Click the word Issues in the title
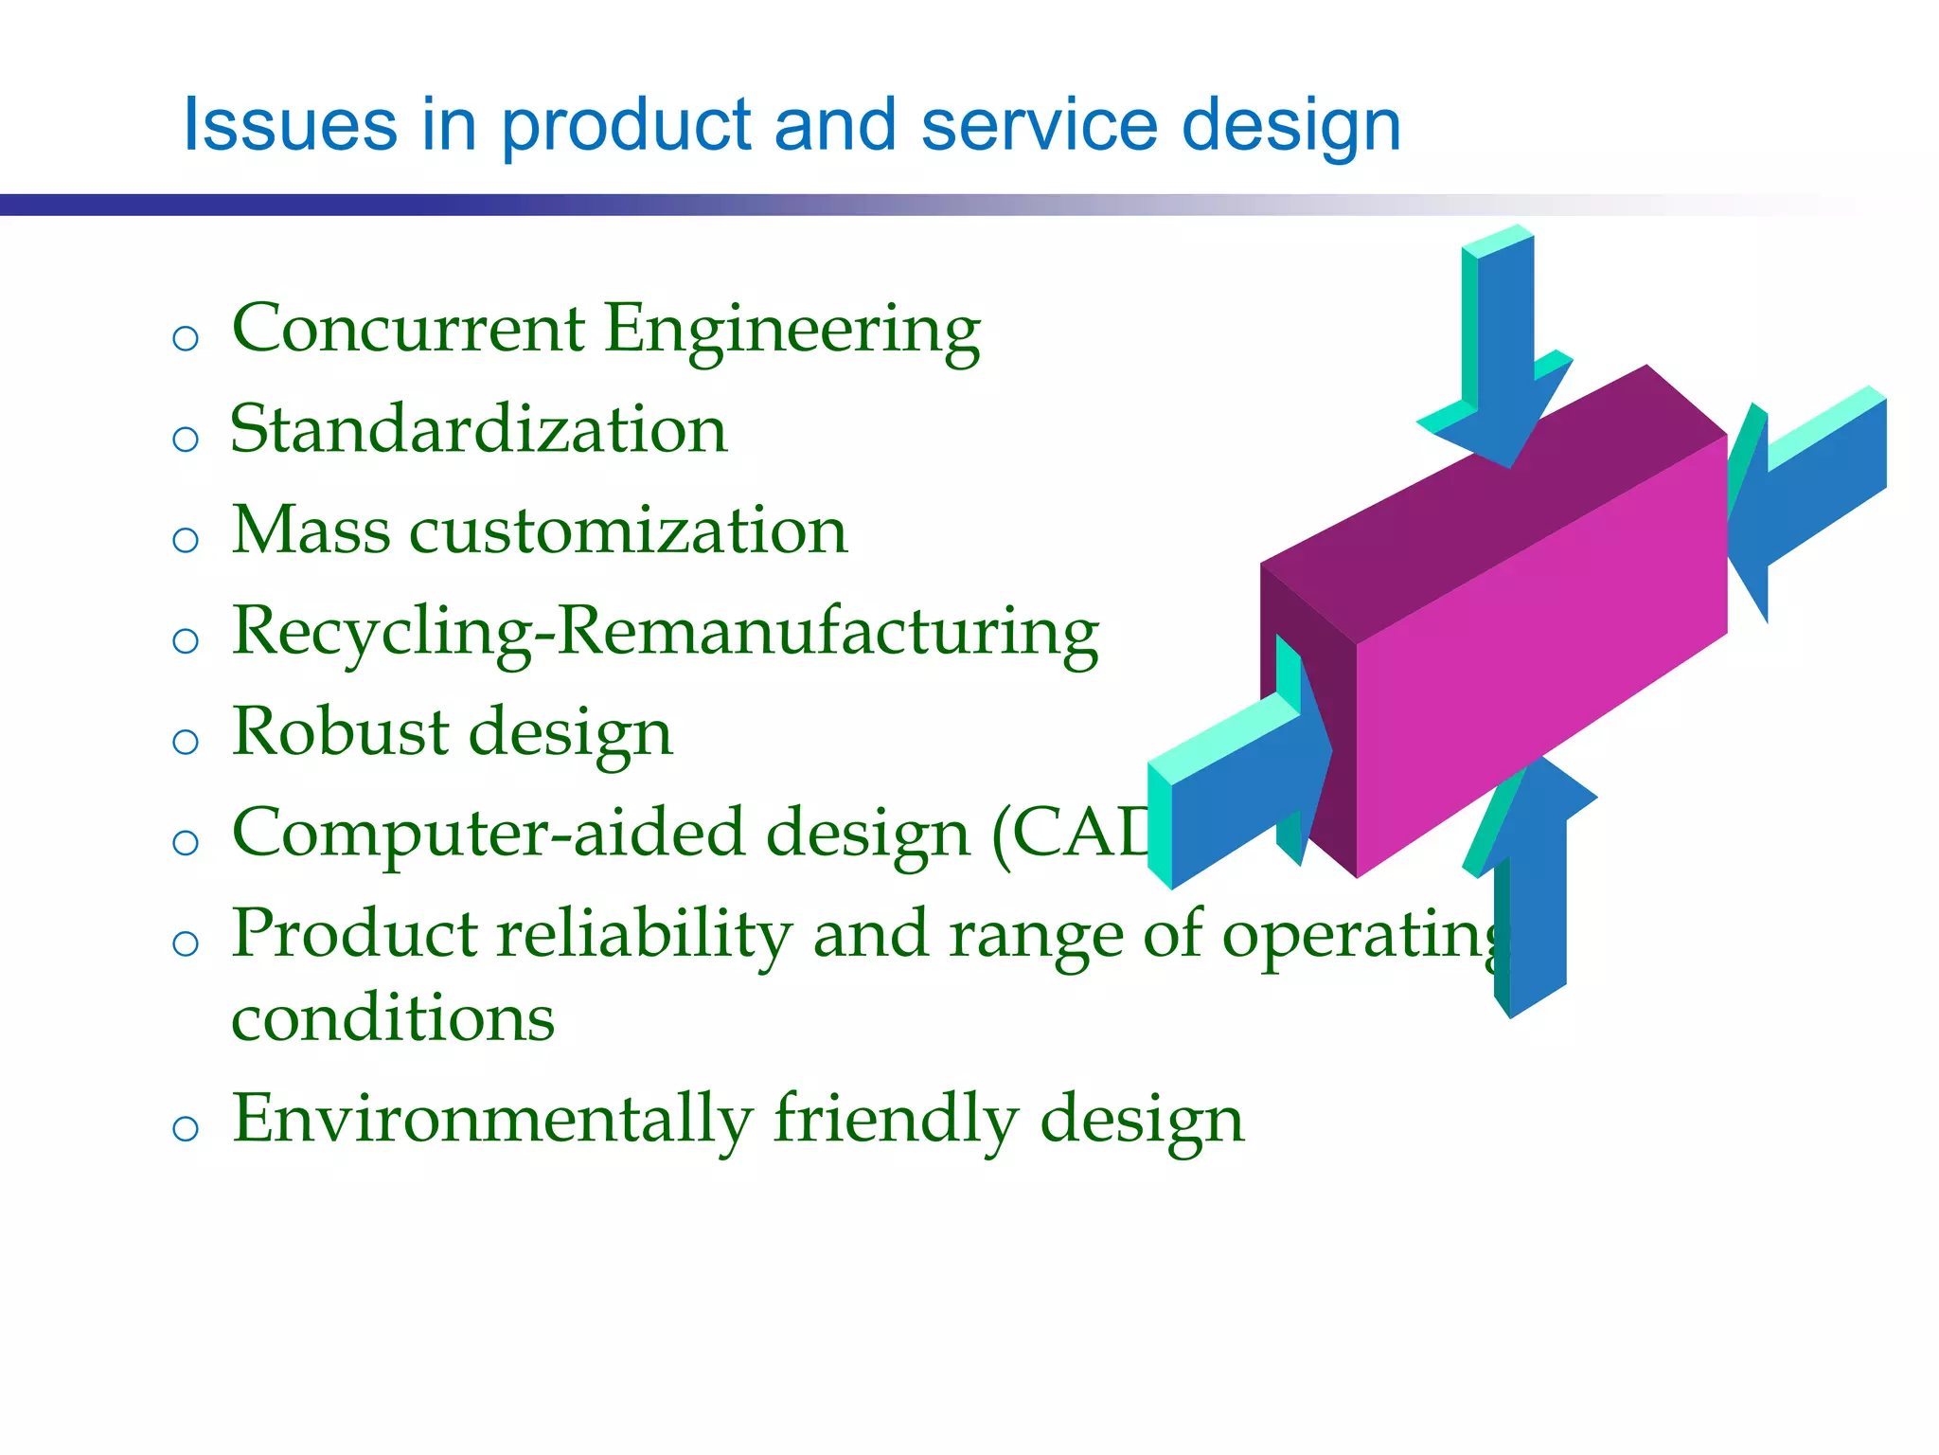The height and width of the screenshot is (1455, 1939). pos(290,125)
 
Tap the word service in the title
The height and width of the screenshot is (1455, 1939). pos(1039,125)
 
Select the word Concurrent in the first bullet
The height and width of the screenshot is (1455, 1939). pos(408,330)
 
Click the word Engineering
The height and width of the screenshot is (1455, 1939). pos(792,332)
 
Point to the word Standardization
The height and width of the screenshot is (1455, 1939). pos(478,430)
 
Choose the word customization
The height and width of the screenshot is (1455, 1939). pos(628,530)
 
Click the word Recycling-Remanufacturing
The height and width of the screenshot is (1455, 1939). pos(665,632)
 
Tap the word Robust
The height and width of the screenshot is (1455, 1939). pos(340,732)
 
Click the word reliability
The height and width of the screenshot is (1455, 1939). pos(644,934)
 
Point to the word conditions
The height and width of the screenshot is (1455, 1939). pos(393,1019)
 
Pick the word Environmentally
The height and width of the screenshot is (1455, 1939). pos(491,1120)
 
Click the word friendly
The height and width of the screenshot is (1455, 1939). pos(895,1120)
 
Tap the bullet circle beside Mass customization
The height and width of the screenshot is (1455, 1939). pos(186,540)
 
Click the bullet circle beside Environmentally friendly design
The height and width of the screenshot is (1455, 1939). pos(186,1128)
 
